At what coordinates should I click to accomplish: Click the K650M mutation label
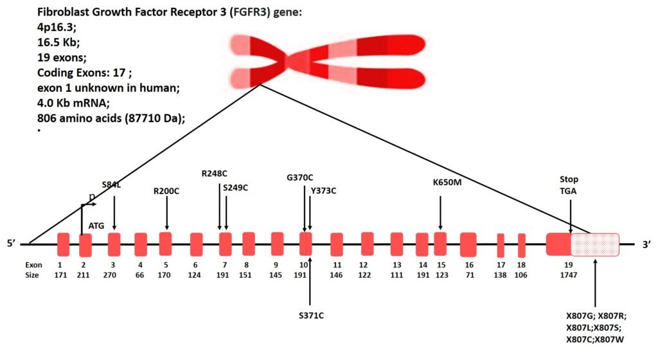pyautogui.click(x=447, y=183)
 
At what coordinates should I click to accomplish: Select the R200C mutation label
pyautogui.click(x=167, y=190)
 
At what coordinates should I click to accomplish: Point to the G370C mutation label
pyautogui.click(x=300, y=177)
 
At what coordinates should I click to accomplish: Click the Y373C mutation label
pyautogui.click(x=323, y=190)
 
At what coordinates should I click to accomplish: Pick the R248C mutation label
pyautogui.click(x=215, y=173)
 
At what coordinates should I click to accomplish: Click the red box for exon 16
pyautogui.click(x=468, y=245)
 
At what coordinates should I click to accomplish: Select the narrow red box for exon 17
pyautogui.click(x=501, y=246)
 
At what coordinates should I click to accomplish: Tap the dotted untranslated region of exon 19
pyautogui.click(x=595, y=244)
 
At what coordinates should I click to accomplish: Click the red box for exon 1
pyautogui.click(x=63, y=245)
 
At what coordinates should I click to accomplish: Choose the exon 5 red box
pyautogui.click(x=165, y=244)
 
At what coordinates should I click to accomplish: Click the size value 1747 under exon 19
pyautogui.click(x=568, y=275)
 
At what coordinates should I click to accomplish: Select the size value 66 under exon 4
pyautogui.click(x=140, y=275)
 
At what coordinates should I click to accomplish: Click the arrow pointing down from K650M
pyautogui.click(x=440, y=212)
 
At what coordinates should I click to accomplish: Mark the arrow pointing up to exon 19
pyautogui.click(x=595, y=283)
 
